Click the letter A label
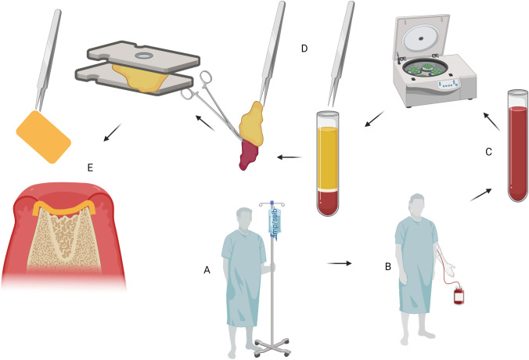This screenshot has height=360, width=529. pyautogui.click(x=207, y=269)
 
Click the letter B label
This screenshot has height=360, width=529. pyautogui.click(x=387, y=267)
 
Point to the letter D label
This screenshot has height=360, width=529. pyautogui.click(x=304, y=49)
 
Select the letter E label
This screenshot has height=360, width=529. pyautogui.click(x=92, y=167)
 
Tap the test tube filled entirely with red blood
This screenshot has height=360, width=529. pyautogui.click(x=517, y=149)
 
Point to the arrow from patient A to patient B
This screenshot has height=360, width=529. pyautogui.click(x=338, y=263)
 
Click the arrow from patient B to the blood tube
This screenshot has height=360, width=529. pyautogui.click(x=481, y=193)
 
